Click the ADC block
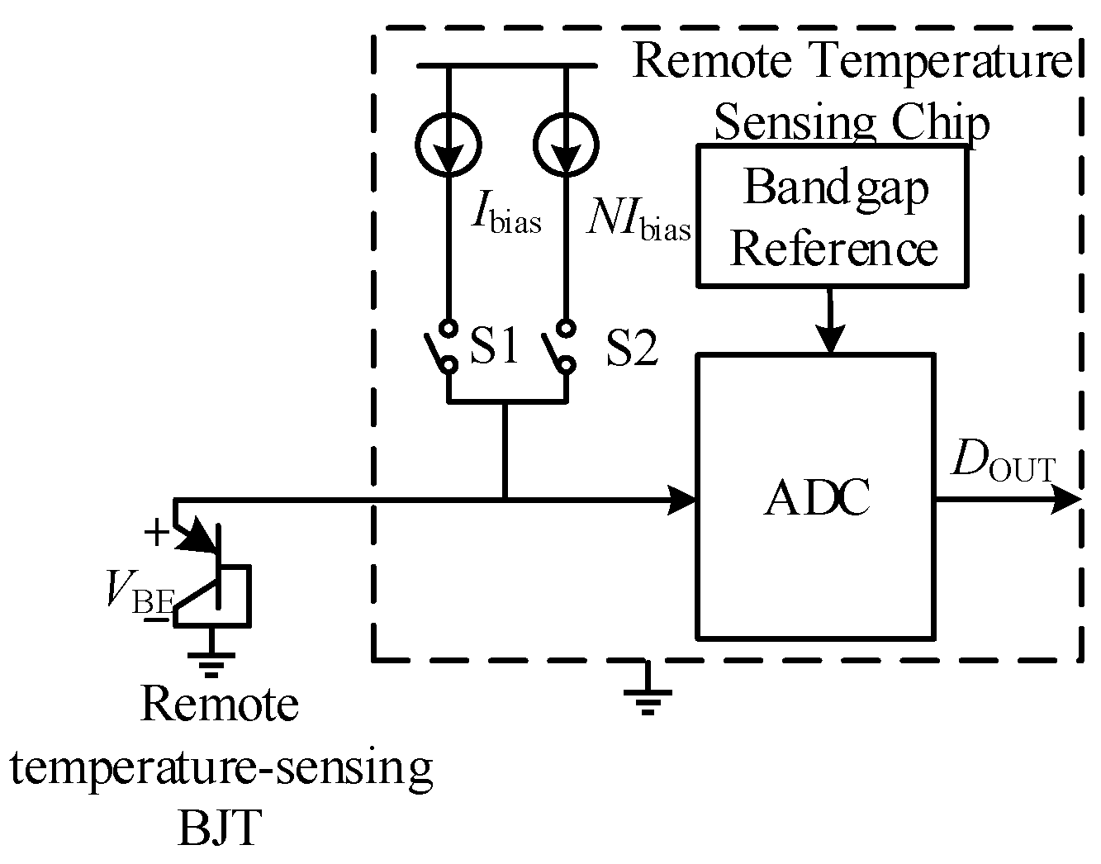pos(816,496)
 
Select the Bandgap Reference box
pos(832,216)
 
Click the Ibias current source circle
pos(448,144)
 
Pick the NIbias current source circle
pos(566,144)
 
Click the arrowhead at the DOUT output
pos(1065,499)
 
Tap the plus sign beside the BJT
pos(155,534)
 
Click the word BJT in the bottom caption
pos(220,828)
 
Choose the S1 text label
pos(494,347)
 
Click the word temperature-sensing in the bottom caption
pos(221,767)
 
